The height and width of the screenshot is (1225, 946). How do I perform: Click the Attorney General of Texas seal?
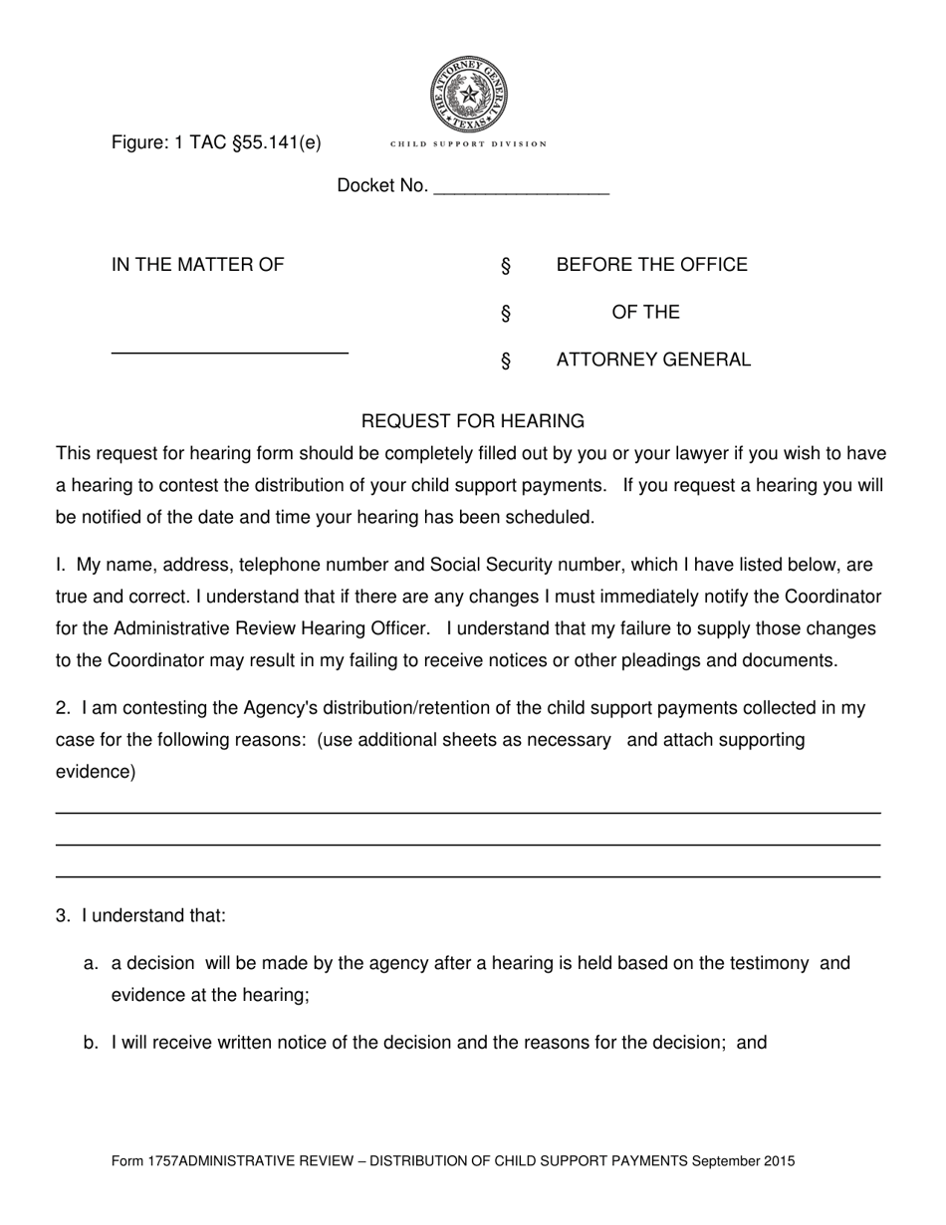click(x=468, y=95)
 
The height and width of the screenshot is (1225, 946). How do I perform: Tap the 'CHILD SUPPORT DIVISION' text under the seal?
click(x=468, y=144)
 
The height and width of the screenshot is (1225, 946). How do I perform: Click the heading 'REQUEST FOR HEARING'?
click(x=472, y=421)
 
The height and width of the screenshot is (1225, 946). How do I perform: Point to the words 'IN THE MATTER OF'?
click(x=198, y=265)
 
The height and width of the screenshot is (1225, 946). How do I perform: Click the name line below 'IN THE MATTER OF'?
click(x=229, y=353)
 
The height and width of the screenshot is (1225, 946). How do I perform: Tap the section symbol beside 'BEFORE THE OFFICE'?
click(x=506, y=266)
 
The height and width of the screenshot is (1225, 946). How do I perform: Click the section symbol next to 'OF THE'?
click(x=506, y=314)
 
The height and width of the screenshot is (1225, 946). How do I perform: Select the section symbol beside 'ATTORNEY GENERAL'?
click(x=506, y=361)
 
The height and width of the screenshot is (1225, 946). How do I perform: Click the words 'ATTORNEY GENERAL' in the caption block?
click(x=653, y=361)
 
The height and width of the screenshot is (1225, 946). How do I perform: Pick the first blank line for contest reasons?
click(x=468, y=813)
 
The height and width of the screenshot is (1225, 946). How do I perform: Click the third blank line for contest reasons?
click(x=468, y=876)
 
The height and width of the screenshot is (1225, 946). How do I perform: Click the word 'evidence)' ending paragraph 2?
click(x=96, y=772)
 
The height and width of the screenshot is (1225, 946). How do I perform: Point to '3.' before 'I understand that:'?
click(x=64, y=915)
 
